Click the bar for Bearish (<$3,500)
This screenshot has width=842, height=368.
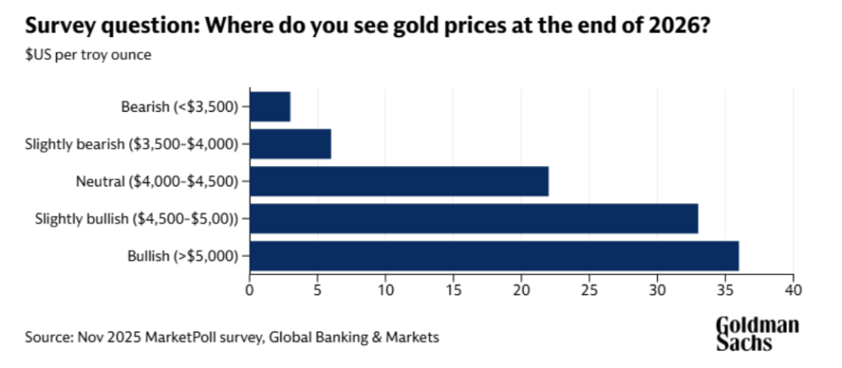(x=270, y=106)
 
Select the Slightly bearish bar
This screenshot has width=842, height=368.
(x=290, y=144)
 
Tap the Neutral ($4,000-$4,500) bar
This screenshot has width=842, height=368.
(x=399, y=181)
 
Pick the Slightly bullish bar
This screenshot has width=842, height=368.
(x=474, y=218)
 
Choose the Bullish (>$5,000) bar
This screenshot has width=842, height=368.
(x=494, y=255)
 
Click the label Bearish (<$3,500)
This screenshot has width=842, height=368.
(x=179, y=106)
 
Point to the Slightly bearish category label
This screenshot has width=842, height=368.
(x=132, y=144)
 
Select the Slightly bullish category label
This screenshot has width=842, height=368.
(x=136, y=218)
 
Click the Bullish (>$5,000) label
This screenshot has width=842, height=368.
(x=183, y=255)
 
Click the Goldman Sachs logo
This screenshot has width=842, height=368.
(x=756, y=333)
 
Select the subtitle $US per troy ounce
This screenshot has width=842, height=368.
(x=88, y=56)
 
